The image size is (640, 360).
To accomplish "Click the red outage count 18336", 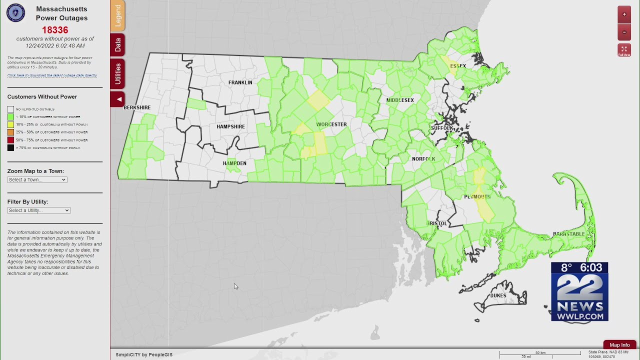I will pos(55,30).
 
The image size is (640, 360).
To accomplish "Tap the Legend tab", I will pos(117,15).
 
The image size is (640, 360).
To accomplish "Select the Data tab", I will pos(117,45).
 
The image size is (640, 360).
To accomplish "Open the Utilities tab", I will pos(117,73).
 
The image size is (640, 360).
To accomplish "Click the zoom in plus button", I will pos(624,14).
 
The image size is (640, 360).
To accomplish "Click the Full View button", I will pos(624,50).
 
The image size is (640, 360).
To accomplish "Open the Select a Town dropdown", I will pos(37,179).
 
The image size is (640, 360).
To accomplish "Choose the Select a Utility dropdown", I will pos(38,210).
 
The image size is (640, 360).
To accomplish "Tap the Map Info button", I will pos(619,345).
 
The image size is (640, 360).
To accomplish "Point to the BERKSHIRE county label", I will pos(137,107).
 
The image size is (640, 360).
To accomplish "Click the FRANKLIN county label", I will pos(240,82).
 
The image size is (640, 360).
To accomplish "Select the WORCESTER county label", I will pos(331,124).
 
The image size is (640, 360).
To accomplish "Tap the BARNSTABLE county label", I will pos(568,234).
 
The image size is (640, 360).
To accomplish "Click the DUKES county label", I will pos(498,295).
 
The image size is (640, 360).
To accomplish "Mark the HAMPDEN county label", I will pos(234,163).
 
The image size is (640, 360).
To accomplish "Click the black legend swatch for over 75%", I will pos(10,148).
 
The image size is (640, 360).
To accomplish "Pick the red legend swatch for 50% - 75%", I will pos(10,140).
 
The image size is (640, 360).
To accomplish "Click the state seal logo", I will pos(15,13).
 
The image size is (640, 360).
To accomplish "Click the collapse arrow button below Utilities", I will pos(117,99).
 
